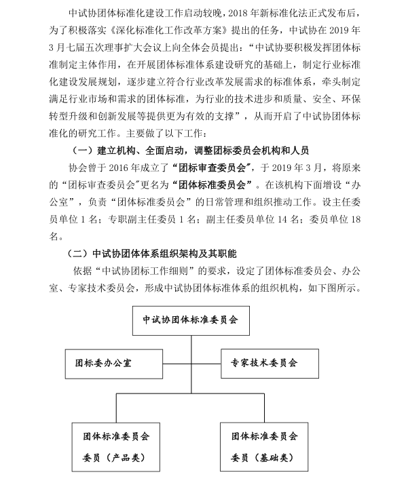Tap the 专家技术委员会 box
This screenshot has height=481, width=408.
269,363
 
